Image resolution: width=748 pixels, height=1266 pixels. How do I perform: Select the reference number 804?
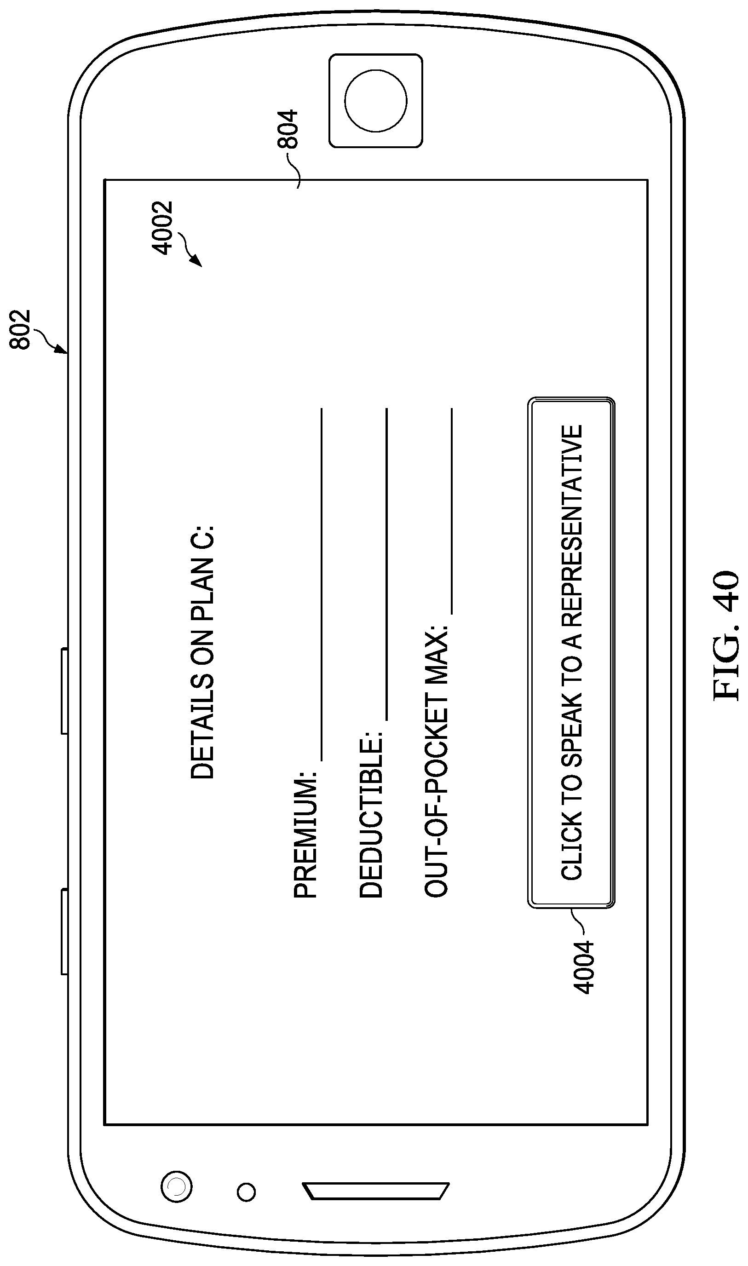click(289, 130)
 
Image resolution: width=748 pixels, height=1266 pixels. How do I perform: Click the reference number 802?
click(21, 329)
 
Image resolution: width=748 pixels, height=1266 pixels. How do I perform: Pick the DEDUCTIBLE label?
click(372, 815)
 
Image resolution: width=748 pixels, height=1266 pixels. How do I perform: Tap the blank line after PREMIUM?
click(322, 585)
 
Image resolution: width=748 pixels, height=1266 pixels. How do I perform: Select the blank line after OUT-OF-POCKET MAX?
click(452, 511)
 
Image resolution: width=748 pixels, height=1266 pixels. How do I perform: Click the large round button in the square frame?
click(375, 101)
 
